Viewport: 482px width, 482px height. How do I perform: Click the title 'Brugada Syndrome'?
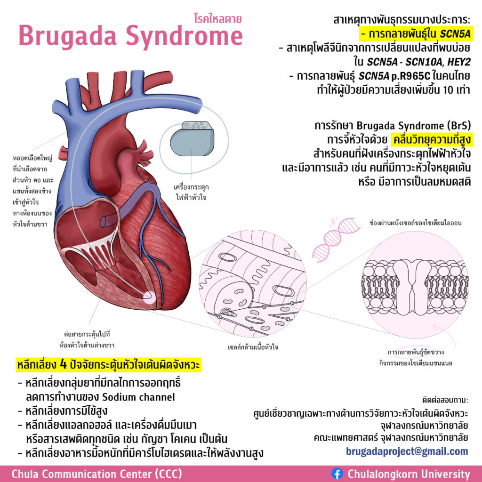pyautogui.click(x=130, y=37)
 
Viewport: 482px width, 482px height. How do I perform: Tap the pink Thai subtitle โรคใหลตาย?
pyautogui.click(x=218, y=19)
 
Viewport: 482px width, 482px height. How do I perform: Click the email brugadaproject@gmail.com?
pyautogui.click(x=407, y=451)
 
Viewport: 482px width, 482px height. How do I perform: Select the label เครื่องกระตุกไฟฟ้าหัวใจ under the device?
pyautogui.click(x=191, y=191)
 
